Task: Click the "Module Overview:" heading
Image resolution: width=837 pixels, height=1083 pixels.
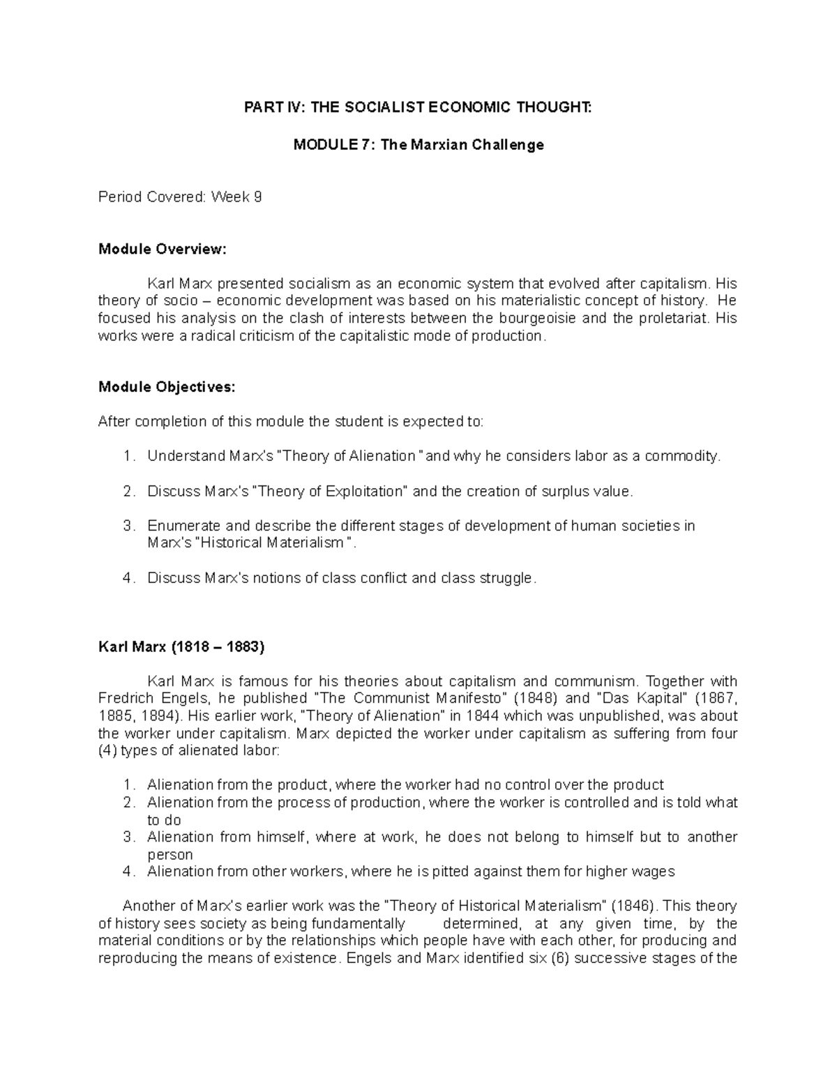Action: point(163,249)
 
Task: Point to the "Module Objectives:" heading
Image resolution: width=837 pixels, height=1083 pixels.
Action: point(167,388)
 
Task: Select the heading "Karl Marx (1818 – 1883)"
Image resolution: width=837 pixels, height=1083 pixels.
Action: point(181,647)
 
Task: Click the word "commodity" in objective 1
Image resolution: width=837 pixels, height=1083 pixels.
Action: point(681,456)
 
